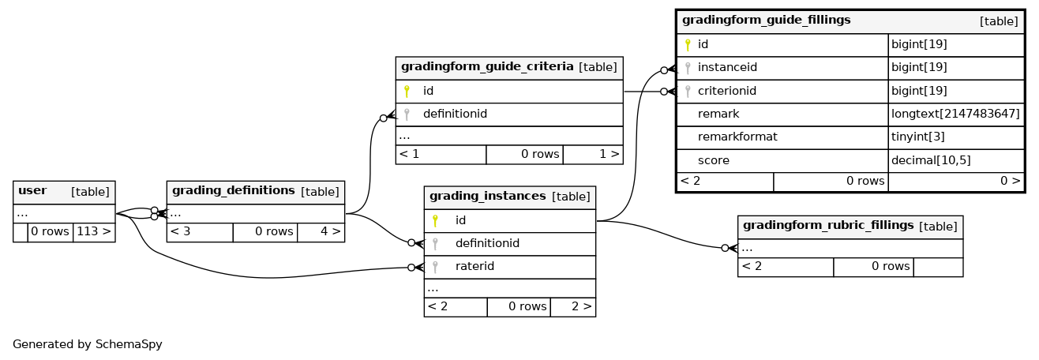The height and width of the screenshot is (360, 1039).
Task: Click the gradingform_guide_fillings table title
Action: tap(767, 20)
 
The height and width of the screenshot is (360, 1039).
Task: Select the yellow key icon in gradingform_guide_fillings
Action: tap(688, 44)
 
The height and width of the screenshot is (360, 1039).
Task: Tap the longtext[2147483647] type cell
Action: tap(955, 114)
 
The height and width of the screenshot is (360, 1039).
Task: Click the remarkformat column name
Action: tap(737, 137)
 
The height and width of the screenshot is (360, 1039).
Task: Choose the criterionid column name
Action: tap(727, 91)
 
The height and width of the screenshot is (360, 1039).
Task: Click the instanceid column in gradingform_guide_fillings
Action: tap(727, 67)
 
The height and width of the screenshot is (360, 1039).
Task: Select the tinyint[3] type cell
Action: tap(918, 137)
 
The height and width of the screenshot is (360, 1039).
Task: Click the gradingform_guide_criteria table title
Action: tap(487, 67)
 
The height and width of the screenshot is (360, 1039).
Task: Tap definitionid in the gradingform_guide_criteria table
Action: tap(455, 114)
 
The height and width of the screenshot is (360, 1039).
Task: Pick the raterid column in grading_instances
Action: tap(474, 266)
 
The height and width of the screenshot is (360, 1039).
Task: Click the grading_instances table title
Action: tap(487, 197)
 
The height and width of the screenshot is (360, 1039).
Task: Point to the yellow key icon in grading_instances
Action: tap(435, 220)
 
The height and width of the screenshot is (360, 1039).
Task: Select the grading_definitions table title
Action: tap(234, 191)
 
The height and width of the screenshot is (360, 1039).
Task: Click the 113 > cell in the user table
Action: tap(94, 231)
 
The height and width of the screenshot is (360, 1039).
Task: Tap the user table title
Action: tap(32, 191)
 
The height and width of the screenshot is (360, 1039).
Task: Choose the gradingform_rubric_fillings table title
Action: tap(828, 226)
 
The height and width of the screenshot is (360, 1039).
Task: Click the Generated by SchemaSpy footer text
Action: tap(87, 344)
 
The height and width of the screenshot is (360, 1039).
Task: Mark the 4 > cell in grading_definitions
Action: tap(331, 231)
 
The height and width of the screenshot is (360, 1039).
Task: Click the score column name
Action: tap(714, 160)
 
